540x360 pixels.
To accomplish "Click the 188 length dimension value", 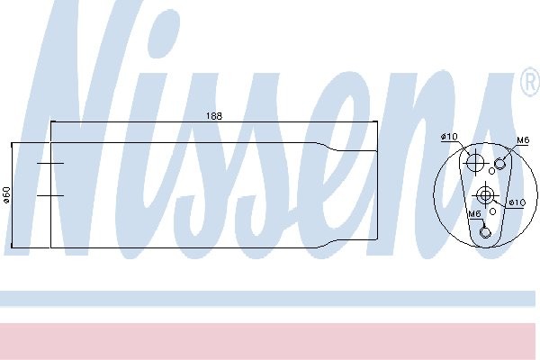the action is [x=214, y=116].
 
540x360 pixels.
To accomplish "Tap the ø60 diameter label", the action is [x=6, y=194].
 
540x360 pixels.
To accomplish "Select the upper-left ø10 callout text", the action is [x=449, y=137].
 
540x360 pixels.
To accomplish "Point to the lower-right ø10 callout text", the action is [x=517, y=202].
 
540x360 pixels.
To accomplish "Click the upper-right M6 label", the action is [x=522, y=140].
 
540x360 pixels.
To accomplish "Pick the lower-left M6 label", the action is [x=474, y=214].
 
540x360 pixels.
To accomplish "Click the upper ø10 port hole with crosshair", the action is [x=475, y=162].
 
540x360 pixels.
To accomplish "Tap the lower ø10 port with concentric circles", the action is [x=485, y=195].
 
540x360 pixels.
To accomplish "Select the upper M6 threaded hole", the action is [x=499, y=164].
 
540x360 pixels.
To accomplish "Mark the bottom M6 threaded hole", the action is [x=484, y=232].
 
